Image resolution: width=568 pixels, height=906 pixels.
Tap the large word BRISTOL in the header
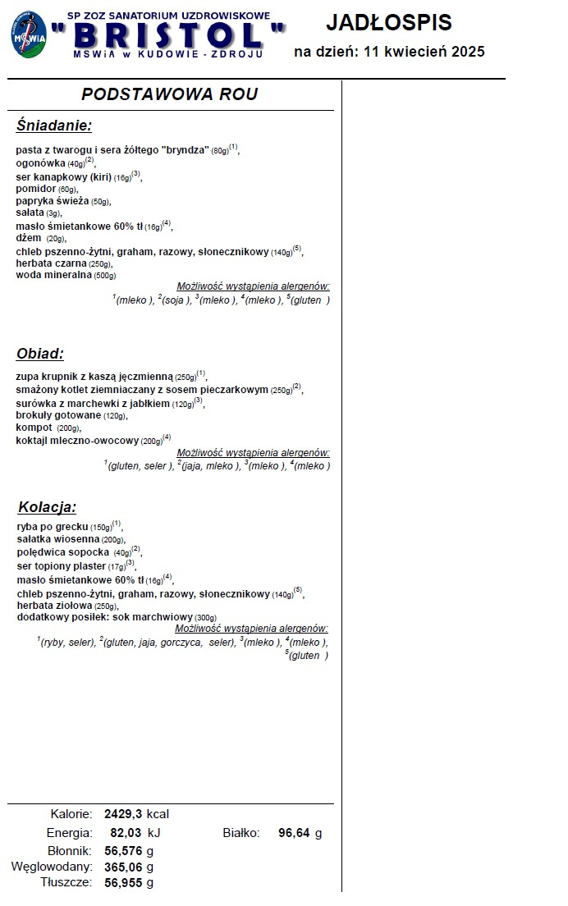coord(167,37)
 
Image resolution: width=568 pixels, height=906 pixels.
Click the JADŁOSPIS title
coord(389,23)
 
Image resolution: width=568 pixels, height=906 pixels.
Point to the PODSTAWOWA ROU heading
coord(170,94)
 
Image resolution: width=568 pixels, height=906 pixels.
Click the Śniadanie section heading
coord(54,126)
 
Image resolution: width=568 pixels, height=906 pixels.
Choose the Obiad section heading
coord(40,354)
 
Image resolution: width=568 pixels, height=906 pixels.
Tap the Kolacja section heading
coord(47,506)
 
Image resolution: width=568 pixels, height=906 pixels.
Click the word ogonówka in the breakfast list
coord(40,163)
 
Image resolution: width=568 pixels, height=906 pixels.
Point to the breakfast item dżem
coord(29,238)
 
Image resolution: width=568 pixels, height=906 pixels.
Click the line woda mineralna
coord(54,276)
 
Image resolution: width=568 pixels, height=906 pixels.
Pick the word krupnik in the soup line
coord(62,377)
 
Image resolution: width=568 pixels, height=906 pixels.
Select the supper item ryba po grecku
coord(53,526)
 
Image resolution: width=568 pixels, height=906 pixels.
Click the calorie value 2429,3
coord(123,814)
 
